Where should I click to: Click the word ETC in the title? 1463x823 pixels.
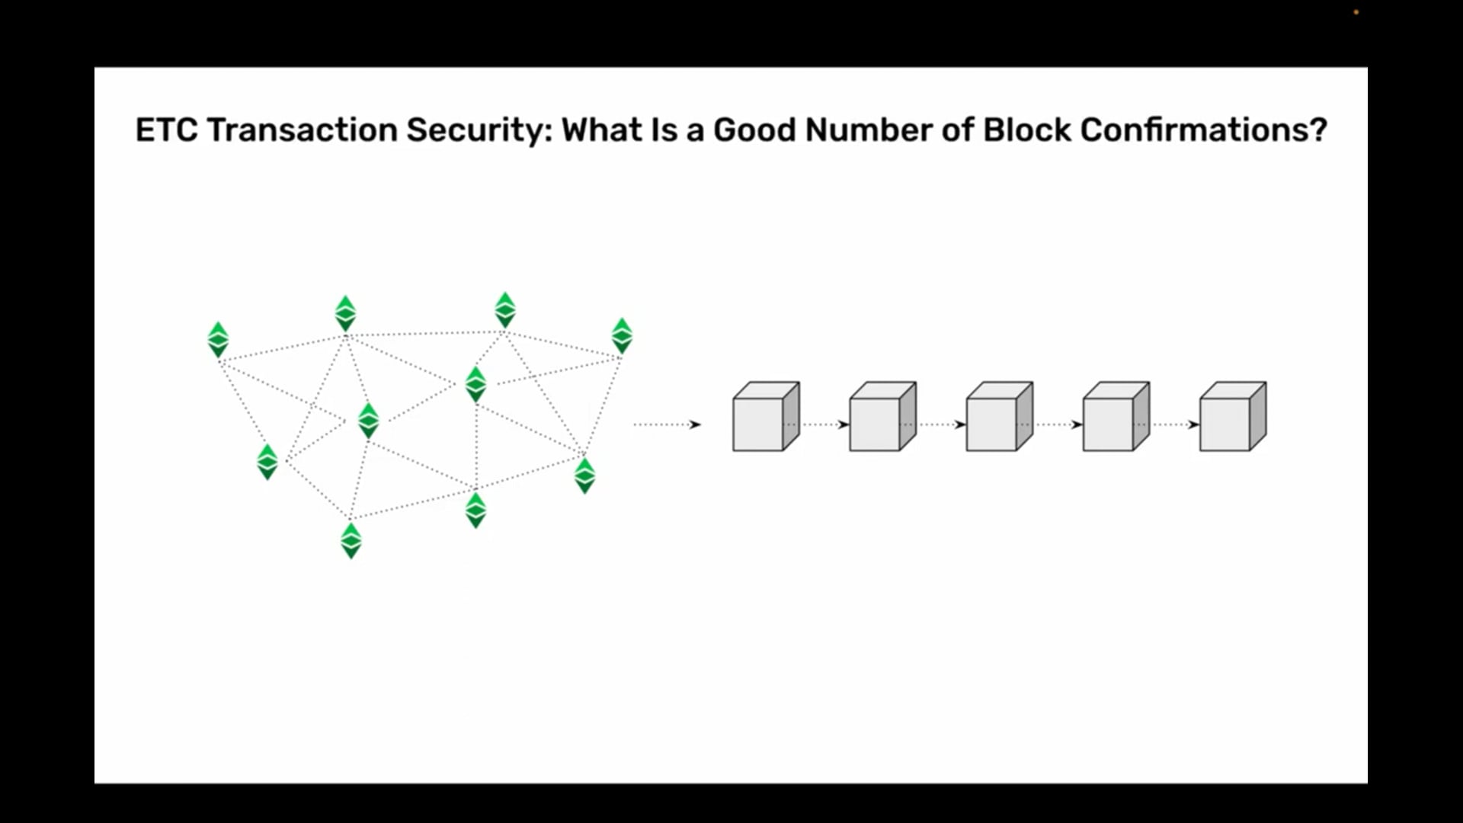coord(166,130)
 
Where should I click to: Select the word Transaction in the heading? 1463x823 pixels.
coord(302,130)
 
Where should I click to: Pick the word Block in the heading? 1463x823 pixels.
coord(1026,130)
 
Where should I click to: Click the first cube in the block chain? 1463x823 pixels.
coord(766,417)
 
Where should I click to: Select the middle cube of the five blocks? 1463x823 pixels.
coord(999,417)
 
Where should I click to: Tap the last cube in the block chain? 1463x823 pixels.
coord(1233,417)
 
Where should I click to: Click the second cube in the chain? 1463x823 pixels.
coord(882,417)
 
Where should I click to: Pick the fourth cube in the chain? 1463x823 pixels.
coord(1116,417)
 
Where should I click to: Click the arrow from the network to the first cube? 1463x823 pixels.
coord(667,424)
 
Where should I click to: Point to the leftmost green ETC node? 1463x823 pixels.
coord(218,340)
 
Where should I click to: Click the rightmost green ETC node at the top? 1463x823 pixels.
coord(622,336)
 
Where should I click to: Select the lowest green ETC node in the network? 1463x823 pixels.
coord(351,540)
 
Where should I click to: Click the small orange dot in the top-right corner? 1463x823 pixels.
coord(1356,12)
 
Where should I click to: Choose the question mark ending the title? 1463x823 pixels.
coord(1319,130)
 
